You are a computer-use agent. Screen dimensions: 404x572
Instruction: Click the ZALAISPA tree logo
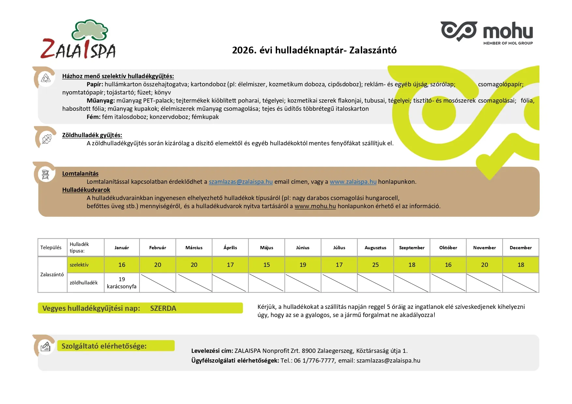78,40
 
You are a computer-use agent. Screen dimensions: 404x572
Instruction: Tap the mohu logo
487,32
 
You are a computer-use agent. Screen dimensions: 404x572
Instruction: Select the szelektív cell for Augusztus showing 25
375,265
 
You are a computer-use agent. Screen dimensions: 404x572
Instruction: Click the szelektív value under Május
267,265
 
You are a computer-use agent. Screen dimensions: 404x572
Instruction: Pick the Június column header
303,248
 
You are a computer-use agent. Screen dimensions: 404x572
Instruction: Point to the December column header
521,248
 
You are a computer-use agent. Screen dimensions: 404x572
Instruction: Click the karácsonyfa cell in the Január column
122,283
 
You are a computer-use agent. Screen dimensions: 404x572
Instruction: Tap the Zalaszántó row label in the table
52,275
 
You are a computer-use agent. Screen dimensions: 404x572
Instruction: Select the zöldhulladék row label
84,283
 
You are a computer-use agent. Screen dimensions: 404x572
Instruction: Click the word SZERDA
163,308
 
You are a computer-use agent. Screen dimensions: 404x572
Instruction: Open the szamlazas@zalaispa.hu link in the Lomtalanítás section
241,182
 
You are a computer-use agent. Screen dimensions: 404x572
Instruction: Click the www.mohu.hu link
315,206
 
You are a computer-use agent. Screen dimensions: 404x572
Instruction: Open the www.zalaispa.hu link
353,182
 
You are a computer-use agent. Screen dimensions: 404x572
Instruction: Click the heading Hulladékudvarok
86,190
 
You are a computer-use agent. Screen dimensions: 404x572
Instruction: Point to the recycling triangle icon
46,78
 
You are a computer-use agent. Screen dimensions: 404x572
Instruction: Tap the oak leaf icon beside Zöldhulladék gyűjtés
46,139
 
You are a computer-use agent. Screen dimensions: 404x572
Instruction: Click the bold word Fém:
93,117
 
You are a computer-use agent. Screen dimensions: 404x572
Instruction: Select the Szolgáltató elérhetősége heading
104,346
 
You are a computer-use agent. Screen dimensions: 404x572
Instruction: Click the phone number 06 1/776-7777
314,361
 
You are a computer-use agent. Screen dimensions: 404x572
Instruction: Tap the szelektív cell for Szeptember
412,265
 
